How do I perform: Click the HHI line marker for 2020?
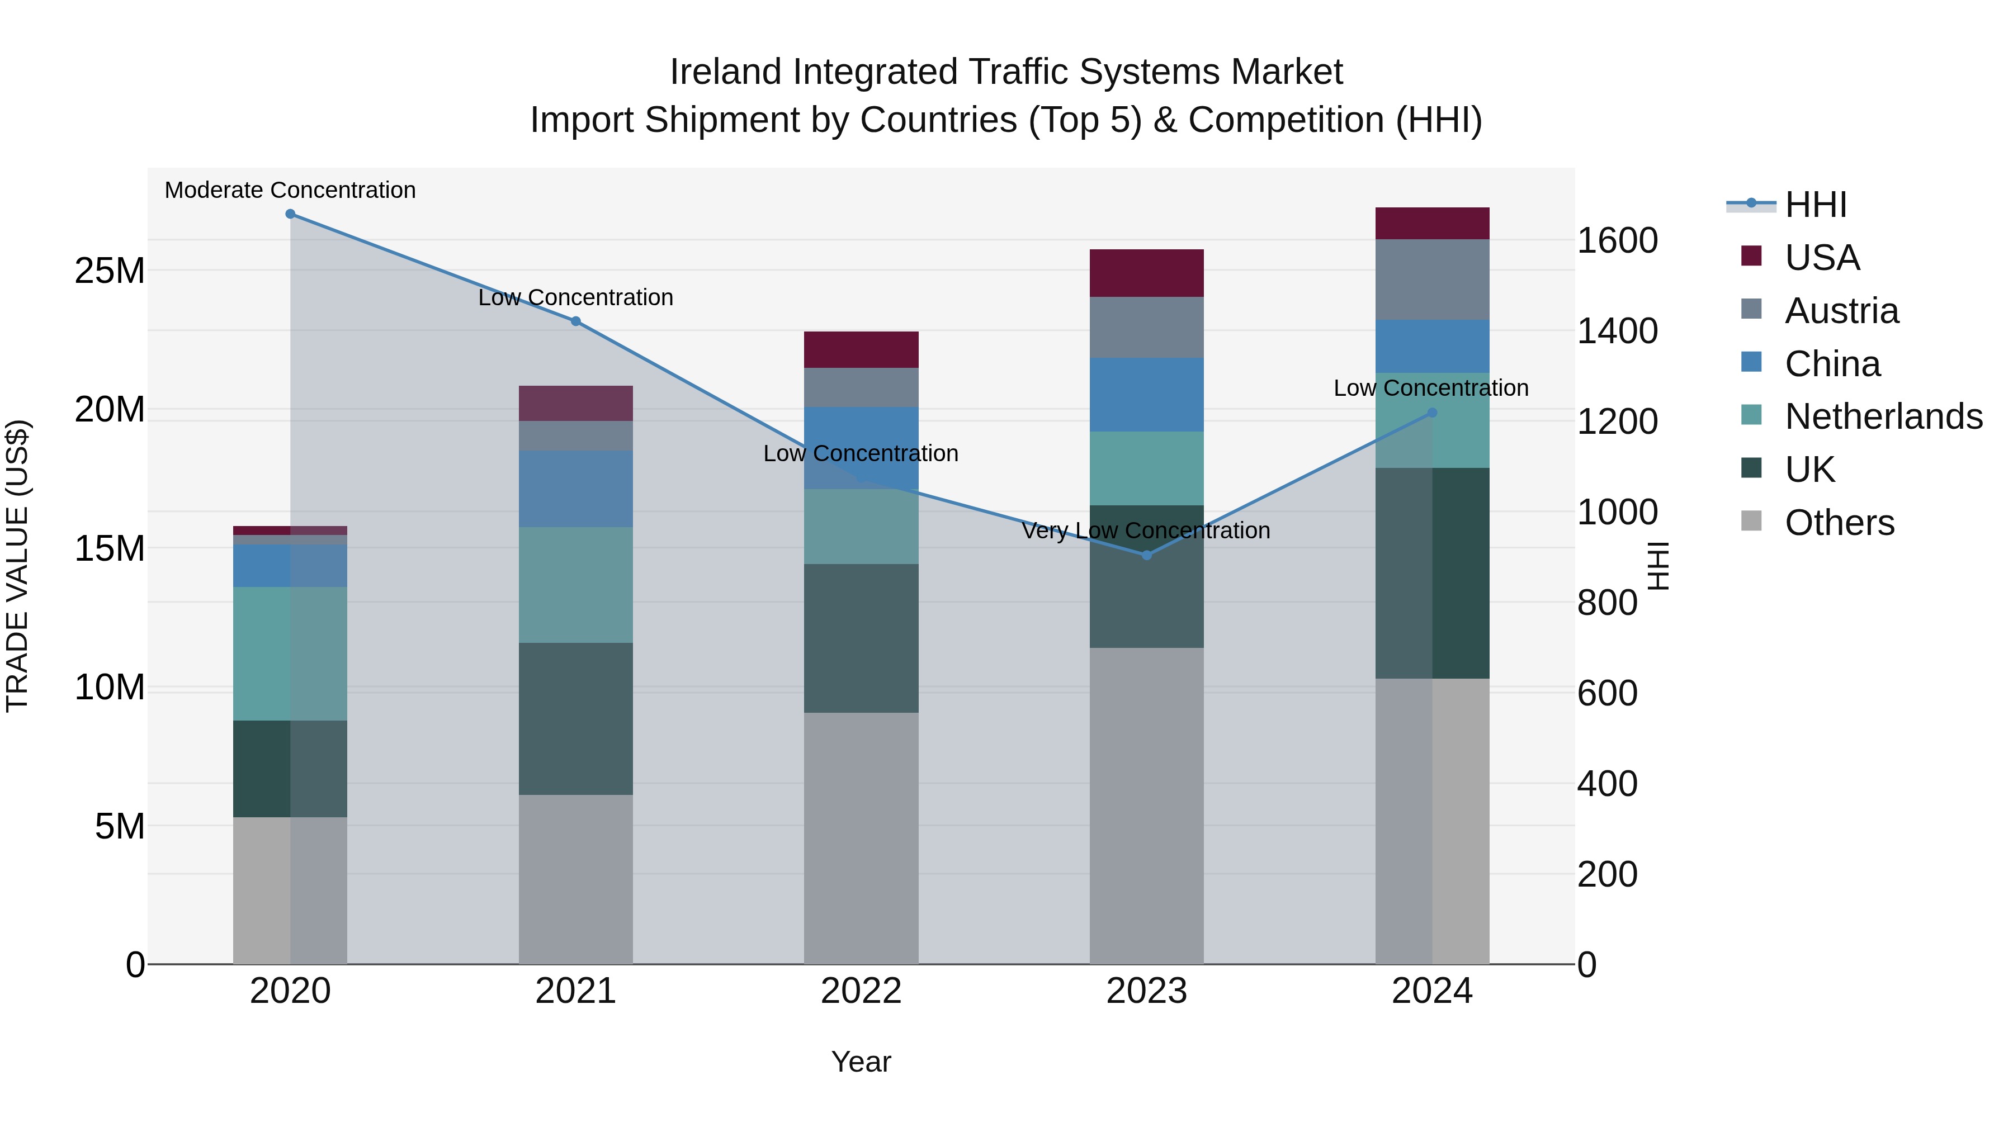pyautogui.click(x=290, y=214)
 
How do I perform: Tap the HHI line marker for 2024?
pyautogui.click(x=1431, y=413)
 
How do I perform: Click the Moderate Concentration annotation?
pyautogui.click(x=290, y=190)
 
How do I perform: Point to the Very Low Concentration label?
pyautogui.click(x=1146, y=531)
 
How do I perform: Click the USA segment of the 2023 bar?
pyautogui.click(x=1146, y=273)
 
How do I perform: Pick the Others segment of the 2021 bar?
pyautogui.click(x=575, y=879)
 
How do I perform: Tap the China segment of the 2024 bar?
pyautogui.click(x=1431, y=346)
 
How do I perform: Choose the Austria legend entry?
pyautogui.click(x=1841, y=311)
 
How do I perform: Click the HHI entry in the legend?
pyautogui.click(x=1815, y=205)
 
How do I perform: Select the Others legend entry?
pyautogui.click(x=1839, y=522)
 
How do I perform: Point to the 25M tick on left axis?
pyautogui.click(x=110, y=271)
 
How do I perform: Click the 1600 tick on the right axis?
pyautogui.click(x=1617, y=240)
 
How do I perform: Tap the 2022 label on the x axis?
pyautogui.click(x=861, y=991)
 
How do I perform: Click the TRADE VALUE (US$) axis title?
pyautogui.click(x=18, y=566)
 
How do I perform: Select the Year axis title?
pyautogui.click(x=861, y=1062)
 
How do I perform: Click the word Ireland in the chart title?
pyautogui.click(x=725, y=72)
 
